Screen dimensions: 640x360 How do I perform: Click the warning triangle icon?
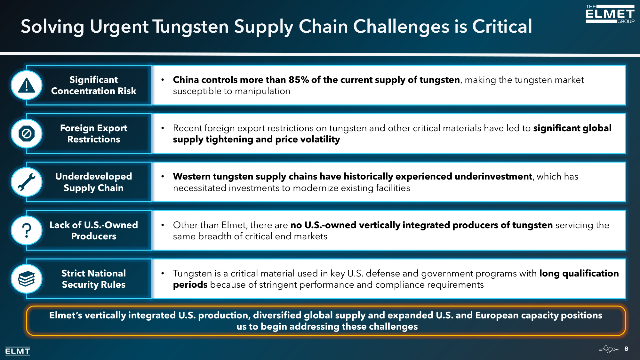27,85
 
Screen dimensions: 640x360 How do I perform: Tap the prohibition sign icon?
27,134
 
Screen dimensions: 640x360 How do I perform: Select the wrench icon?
27,182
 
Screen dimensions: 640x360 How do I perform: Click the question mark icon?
27,230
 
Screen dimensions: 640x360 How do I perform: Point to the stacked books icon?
27,279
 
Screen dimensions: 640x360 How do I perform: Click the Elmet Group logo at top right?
610,14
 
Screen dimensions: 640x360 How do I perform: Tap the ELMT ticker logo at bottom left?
18,351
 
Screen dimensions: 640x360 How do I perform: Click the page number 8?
626,349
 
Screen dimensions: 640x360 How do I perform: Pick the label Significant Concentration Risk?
94,85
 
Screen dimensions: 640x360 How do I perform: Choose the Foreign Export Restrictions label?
94,134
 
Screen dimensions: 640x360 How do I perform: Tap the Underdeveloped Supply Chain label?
94,182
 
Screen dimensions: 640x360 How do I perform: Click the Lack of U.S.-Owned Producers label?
94,230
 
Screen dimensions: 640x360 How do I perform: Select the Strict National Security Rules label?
94,279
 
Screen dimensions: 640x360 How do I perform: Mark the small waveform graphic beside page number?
609,349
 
